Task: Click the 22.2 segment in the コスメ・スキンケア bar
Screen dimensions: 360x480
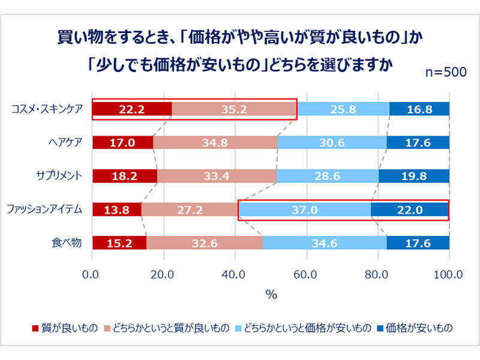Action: [131, 109]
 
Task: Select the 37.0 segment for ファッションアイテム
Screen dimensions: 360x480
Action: [304, 209]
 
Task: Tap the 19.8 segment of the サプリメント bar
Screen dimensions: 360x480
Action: [414, 176]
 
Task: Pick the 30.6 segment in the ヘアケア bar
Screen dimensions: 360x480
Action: [332, 143]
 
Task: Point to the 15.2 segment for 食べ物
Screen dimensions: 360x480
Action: [119, 243]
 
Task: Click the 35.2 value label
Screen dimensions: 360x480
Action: [235, 109]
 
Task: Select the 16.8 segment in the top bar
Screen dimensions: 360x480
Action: [419, 109]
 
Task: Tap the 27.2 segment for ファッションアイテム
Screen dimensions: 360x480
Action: [190, 209]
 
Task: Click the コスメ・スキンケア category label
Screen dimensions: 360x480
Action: [49, 109]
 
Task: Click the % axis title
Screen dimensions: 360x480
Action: [271, 294]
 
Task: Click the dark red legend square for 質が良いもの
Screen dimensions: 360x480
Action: [34, 328]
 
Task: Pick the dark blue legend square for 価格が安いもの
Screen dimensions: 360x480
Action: [381, 328]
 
